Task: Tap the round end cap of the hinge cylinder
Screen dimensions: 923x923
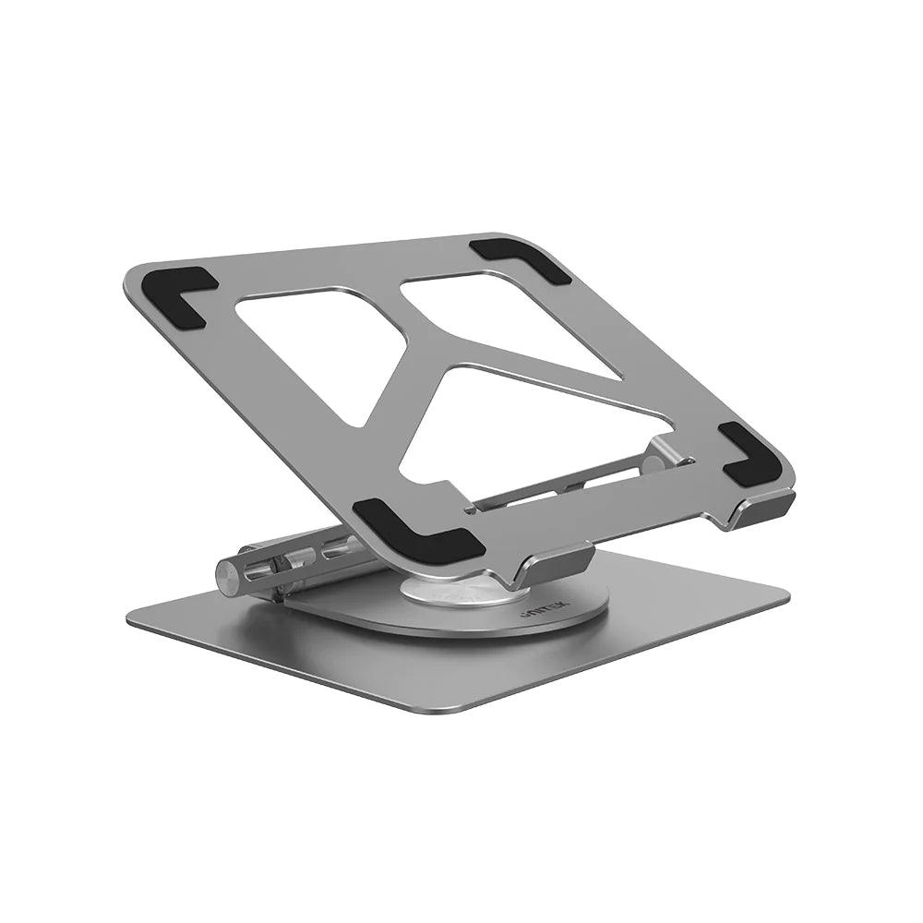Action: click(x=228, y=575)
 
